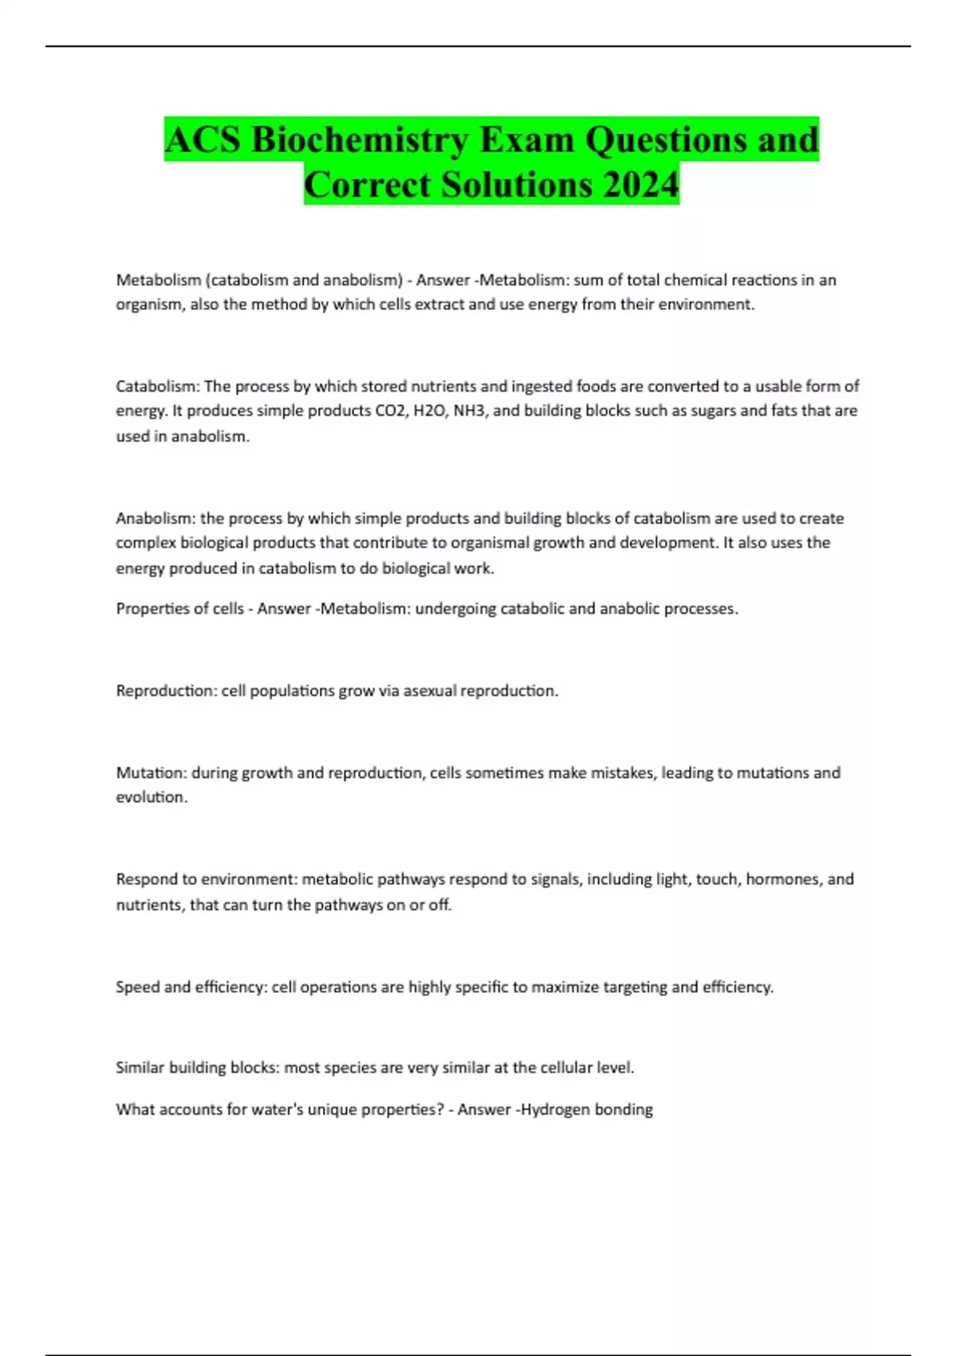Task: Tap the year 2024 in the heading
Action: [x=640, y=185]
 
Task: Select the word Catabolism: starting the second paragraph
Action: [x=157, y=387]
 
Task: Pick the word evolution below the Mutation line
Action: [x=150, y=797]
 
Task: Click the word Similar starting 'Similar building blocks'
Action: [x=140, y=1068]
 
